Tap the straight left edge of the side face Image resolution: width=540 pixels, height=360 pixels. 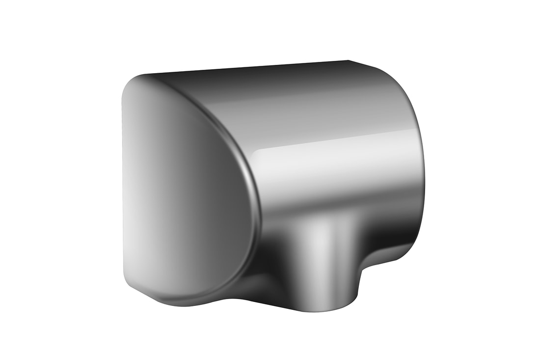click(x=122, y=187)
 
